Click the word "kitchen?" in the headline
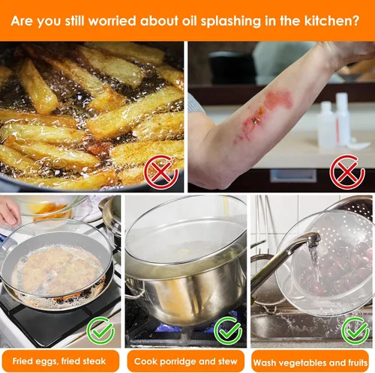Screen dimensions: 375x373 click(x=331, y=20)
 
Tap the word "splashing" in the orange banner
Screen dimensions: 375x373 click(x=231, y=22)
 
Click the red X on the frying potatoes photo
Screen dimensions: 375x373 click(x=161, y=172)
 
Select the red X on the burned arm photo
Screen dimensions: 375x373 click(x=347, y=172)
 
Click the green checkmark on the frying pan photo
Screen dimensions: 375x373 click(x=100, y=330)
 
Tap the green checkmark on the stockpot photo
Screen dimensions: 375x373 click(x=228, y=330)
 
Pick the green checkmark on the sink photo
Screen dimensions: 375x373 click(x=355, y=330)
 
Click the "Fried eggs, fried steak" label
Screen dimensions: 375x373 click(x=59, y=361)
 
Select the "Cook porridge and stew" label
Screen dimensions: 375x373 click(x=185, y=361)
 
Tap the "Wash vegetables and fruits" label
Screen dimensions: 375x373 click(x=310, y=363)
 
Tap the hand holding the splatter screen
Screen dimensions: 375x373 click(x=10, y=212)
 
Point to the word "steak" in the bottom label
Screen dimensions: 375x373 click(x=93, y=361)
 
